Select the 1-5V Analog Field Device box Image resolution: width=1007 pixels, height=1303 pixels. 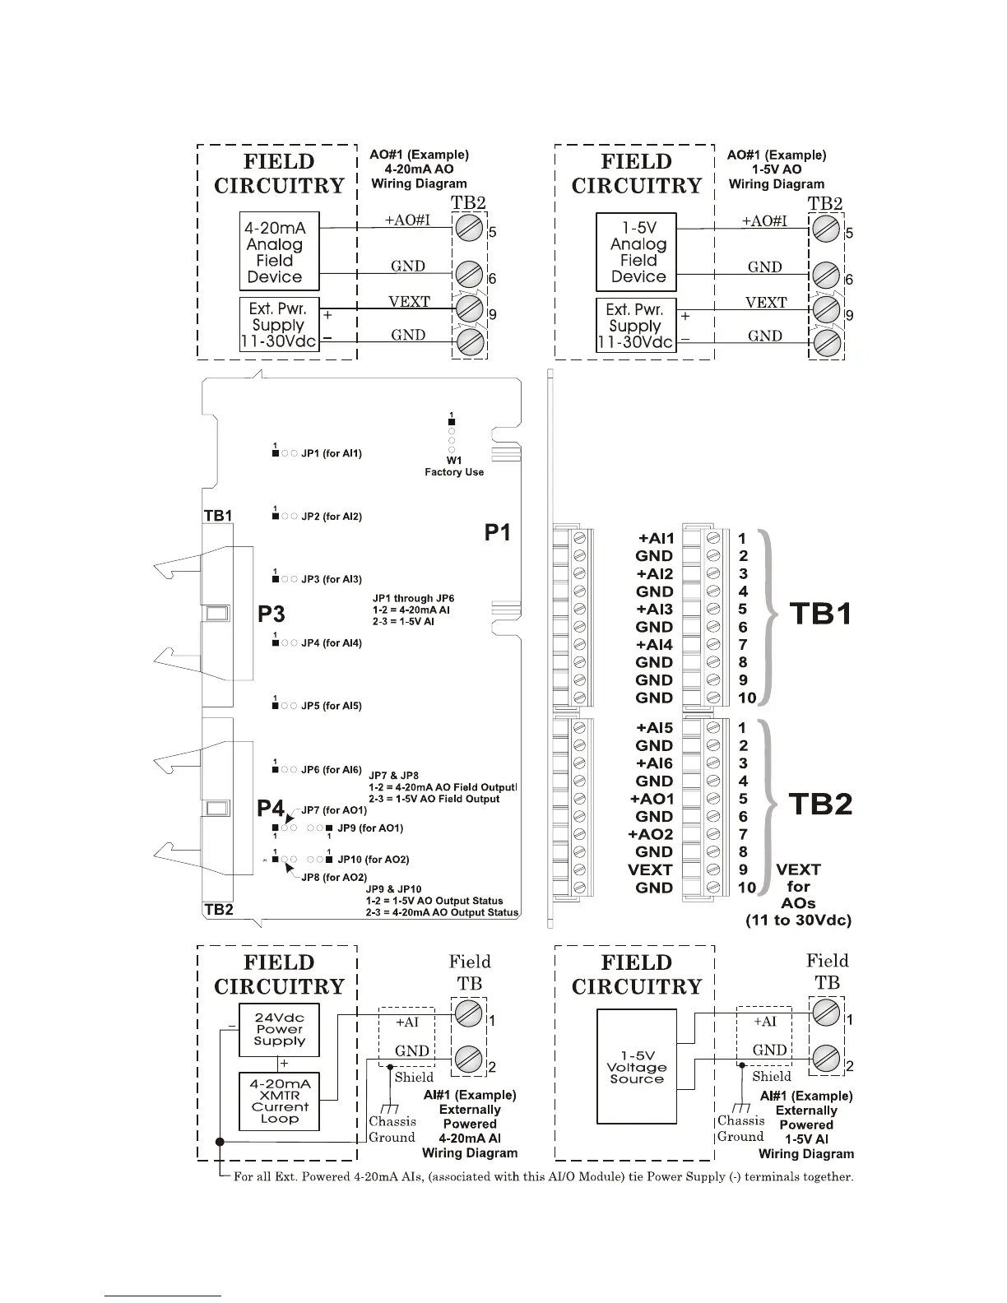click(636, 252)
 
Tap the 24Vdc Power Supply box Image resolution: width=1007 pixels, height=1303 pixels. click(279, 1029)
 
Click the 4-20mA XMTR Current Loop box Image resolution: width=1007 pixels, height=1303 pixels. click(279, 1101)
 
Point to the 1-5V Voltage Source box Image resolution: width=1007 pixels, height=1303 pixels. click(636, 1067)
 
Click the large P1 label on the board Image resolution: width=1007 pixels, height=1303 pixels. click(497, 533)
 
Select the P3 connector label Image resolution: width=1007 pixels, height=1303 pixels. click(271, 614)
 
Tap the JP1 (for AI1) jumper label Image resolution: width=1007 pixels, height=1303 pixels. click(331, 453)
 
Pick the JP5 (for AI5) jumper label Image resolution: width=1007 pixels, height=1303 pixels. click(331, 706)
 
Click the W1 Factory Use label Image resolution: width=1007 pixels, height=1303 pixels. click(454, 466)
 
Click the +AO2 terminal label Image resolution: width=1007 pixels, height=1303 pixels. click(651, 834)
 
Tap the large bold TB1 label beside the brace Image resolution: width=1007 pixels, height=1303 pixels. click(820, 614)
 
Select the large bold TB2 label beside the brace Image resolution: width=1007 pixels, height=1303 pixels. click(820, 805)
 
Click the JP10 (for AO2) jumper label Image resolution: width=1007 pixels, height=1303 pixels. click(373, 860)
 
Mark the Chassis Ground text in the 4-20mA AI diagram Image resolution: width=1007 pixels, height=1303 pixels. click(392, 1129)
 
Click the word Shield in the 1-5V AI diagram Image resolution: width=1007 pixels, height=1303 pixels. click(771, 1076)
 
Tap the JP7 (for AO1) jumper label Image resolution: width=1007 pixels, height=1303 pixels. click(334, 810)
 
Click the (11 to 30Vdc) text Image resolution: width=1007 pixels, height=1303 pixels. click(798, 920)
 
